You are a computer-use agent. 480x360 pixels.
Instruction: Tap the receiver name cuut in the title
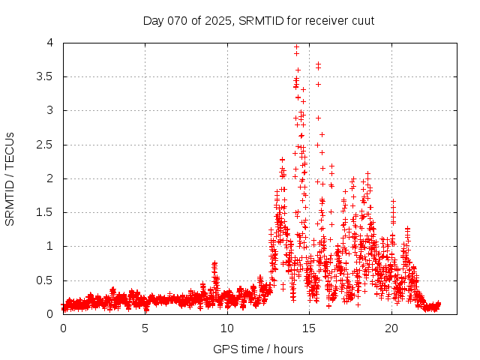[x=361, y=20]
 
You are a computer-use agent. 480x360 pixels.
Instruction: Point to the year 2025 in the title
[x=215, y=20]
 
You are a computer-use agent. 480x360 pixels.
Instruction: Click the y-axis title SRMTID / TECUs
[x=10, y=178]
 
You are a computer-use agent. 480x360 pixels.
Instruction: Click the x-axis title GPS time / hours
[x=259, y=349]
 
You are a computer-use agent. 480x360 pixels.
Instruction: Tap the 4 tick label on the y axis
[x=49, y=43]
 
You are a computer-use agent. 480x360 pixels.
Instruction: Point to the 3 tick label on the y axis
[x=49, y=110]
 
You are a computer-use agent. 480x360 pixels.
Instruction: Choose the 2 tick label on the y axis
[x=49, y=178]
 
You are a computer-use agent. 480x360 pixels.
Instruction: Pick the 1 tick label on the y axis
[x=49, y=246]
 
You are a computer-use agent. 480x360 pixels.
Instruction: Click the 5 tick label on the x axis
[x=145, y=328]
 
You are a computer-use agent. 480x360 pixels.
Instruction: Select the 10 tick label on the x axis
[x=227, y=328]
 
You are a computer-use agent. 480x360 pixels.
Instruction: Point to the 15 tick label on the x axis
[x=310, y=328]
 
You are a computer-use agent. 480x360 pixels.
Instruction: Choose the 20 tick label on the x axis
[x=391, y=328]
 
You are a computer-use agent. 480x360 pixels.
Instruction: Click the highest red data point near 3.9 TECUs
[x=297, y=46]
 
